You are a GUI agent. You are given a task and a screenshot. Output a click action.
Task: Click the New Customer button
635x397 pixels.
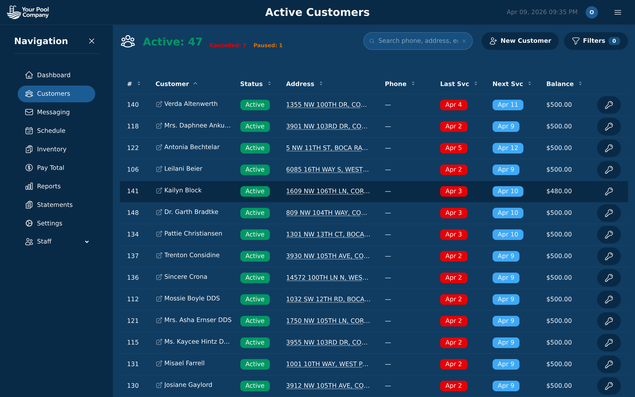pyautogui.click(x=520, y=41)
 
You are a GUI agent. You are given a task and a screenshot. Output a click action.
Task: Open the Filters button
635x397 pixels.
pyautogui.click(x=595, y=41)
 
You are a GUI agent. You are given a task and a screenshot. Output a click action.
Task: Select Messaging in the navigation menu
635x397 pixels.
pyautogui.click(x=53, y=112)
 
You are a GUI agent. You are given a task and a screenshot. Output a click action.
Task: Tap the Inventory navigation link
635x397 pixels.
pyautogui.click(x=51, y=149)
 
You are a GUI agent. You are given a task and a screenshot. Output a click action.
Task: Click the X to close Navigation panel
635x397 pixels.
pyautogui.click(x=92, y=41)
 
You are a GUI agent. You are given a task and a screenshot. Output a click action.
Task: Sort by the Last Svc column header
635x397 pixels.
pyautogui.click(x=454, y=84)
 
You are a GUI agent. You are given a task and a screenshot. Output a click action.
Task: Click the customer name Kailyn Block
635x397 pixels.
pyautogui.click(x=183, y=190)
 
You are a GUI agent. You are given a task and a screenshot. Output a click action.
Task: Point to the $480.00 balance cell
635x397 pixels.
pyautogui.click(x=559, y=191)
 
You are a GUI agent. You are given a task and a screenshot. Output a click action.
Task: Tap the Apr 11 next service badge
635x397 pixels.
pyautogui.click(x=508, y=105)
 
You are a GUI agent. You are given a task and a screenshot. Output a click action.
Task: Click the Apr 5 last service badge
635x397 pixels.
pyautogui.click(x=453, y=148)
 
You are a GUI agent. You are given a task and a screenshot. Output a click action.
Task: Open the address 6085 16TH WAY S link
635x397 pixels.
pyautogui.click(x=327, y=170)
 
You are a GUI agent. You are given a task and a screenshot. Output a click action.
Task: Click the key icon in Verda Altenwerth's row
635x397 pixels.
pyautogui.click(x=609, y=105)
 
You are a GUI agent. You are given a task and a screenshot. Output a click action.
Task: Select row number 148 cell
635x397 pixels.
pyautogui.click(x=133, y=213)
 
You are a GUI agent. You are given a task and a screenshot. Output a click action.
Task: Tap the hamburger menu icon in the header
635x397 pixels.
pyautogui.click(x=617, y=12)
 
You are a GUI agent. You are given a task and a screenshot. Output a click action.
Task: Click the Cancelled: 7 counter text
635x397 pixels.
pyautogui.click(x=228, y=45)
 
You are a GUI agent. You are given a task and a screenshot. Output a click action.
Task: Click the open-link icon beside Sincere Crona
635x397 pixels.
pyautogui.click(x=159, y=277)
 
